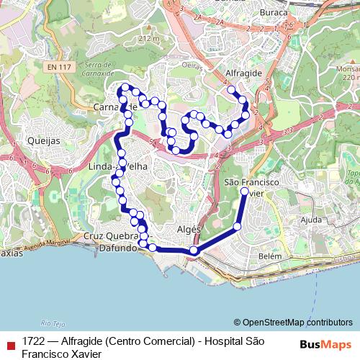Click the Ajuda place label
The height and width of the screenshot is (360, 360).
click(312, 219)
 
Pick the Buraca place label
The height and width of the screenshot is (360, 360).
click(273, 12)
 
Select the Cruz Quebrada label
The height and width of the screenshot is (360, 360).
click(109, 236)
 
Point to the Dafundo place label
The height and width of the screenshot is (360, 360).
click(117, 248)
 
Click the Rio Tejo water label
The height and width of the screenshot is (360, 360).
click(53, 323)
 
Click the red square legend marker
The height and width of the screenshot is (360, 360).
click(10, 346)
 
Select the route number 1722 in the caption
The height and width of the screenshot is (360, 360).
click(33, 341)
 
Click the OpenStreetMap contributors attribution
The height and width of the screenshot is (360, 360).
click(293, 322)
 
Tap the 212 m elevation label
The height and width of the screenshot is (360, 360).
click(148, 38)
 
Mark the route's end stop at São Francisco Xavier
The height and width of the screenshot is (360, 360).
click(245, 192)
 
